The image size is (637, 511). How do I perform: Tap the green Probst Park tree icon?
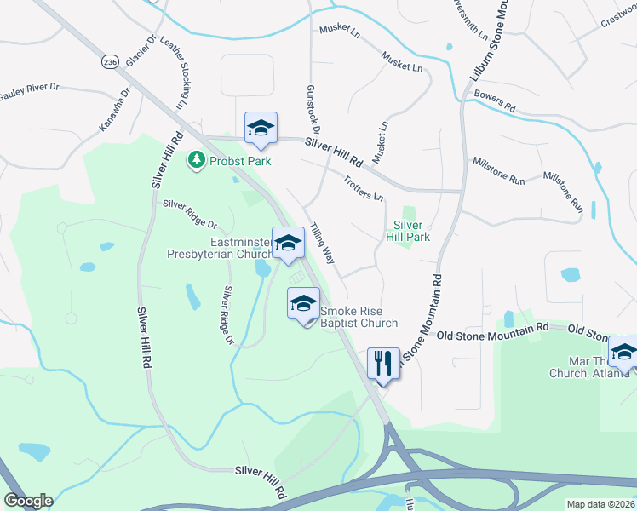198,159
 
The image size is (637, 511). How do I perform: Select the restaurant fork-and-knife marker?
382,363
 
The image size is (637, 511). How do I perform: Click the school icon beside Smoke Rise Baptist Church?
303,305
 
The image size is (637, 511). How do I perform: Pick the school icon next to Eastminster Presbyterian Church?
288,243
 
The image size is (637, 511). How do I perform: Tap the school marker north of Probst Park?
261,128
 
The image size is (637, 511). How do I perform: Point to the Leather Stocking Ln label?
181,77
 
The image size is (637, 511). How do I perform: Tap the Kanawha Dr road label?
115,110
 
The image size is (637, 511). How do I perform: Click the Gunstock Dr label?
312,111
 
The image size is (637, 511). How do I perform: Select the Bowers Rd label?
496,102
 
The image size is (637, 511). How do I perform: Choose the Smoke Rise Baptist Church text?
359,317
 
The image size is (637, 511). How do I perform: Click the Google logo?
27,501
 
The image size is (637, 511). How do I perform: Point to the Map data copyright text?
600,504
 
